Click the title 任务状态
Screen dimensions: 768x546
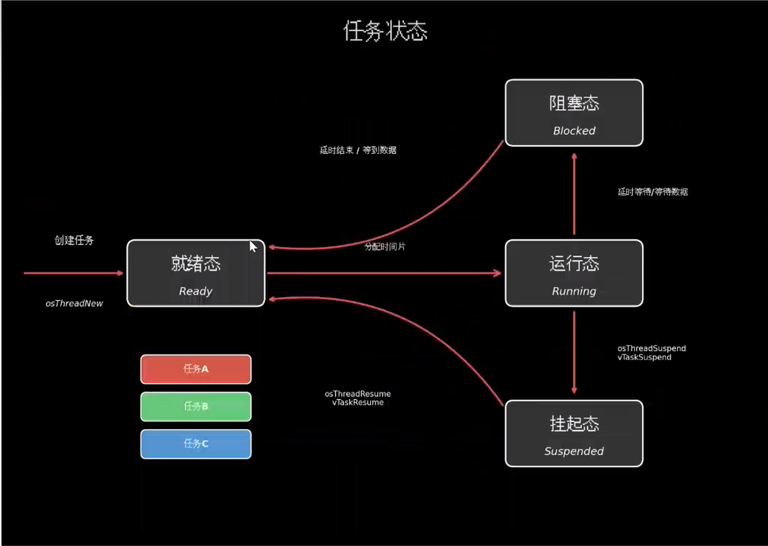[385, 31]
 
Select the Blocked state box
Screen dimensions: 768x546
[574, 113]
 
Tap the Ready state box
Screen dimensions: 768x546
[196, 273]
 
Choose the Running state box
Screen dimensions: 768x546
[574, 273]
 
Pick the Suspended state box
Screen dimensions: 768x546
[574, 433]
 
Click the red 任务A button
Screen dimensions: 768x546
[196, 369]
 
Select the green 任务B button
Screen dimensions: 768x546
[196, 406]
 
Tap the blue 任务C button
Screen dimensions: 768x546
[196, 444]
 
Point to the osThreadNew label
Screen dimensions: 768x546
[74, 303]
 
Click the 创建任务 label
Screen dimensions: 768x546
[74, 240]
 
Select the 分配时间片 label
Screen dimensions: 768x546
[384, 246]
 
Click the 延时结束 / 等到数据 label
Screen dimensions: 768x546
[358, 150]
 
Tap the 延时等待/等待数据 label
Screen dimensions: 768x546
[652, 192]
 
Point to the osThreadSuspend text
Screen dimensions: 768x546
[651, 348]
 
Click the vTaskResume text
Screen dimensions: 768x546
[358, 403]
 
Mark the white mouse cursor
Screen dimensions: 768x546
[253, 246]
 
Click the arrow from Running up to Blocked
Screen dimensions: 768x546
[574, 194]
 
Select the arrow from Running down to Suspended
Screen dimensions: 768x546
[574, 353]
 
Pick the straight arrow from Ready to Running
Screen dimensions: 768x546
[384, 273]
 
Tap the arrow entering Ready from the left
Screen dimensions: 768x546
[73, 273]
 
